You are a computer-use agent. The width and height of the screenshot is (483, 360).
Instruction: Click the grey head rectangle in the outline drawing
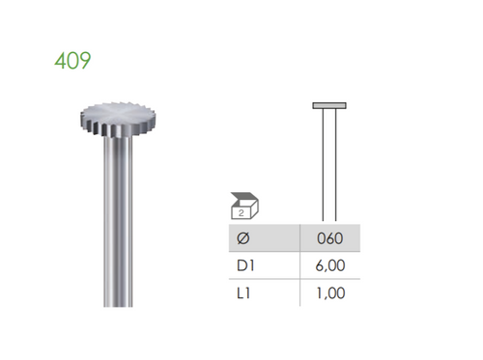(x=329, y=104)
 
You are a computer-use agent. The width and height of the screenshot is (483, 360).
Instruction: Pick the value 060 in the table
(x=330, y=237)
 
